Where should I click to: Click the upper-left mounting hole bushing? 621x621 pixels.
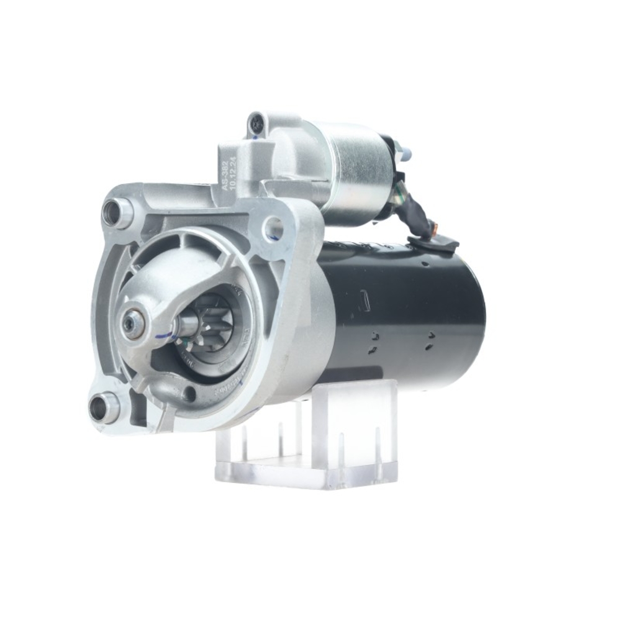coord(116,213)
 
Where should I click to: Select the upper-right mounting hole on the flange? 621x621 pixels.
coord(273,229)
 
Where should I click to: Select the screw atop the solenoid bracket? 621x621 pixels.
coord(255,126)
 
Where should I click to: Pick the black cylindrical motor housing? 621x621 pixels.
coord(410,317)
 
